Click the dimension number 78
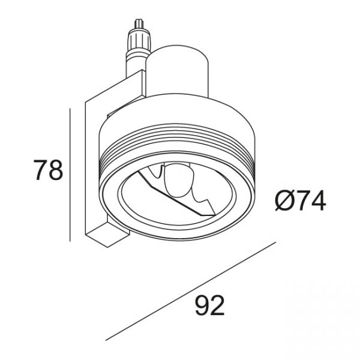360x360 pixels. pyautogui.click(x=48, y=170)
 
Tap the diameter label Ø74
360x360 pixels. pyautogui.click(x=301, y=200)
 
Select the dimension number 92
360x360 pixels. pyautogui.click(x=209, y=305)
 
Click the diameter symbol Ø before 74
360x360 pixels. pyautogui.click(x=285, y=200)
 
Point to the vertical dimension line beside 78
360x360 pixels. pyautogui.click(x=70, y=175)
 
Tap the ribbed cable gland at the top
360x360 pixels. pyautogui.click(x=140, y=41)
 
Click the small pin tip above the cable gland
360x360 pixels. pyautogui.click(x=139, y=23)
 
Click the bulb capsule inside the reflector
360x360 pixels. pyautogui.click(x=179, y=179)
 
